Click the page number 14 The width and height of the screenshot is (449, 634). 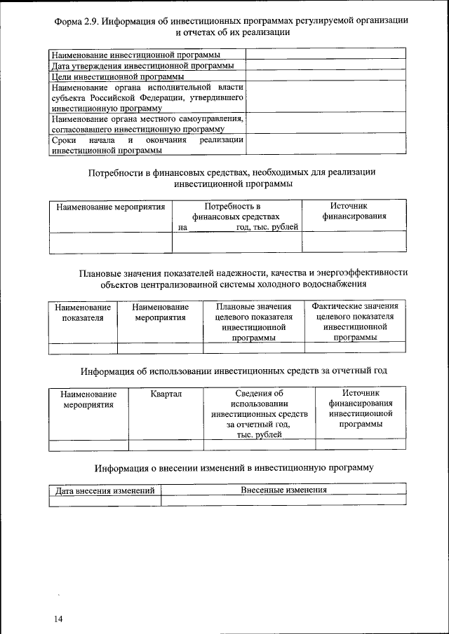[58, 619]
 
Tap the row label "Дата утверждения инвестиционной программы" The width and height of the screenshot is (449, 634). [142, 66]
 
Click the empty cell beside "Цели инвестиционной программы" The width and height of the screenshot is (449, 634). [326, 76]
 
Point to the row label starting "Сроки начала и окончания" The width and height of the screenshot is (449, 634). [147, 144]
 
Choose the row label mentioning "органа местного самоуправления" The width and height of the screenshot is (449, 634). [147, 124]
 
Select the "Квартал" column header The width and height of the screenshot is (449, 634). [166, 394]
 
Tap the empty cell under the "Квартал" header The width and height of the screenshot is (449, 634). [166, 444]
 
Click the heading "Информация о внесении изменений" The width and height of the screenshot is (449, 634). [233, 467]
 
